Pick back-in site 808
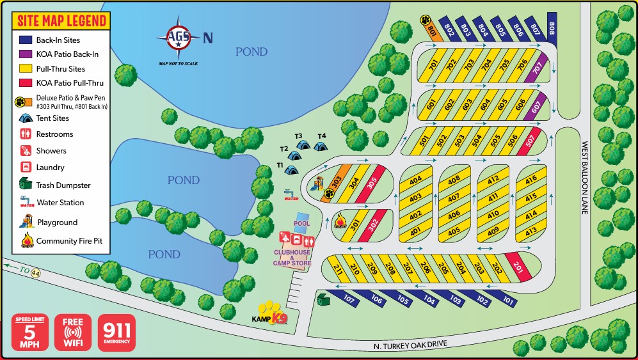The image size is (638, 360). pyautogui.click(x=552, y=27)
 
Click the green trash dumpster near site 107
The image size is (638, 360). pyautogui.click(x=323, y=299)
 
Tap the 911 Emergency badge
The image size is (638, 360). pyautogui.click(x=116, y=333)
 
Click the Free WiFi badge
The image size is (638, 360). pyautogui.click(x=73, y=333)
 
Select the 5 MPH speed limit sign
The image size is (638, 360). pyautogui.click(x=29, y=333)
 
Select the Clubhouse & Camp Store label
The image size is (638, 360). pyautogui.click(x=292, y=258)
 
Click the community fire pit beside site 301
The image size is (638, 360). pyautogui.click(x=340, y=221)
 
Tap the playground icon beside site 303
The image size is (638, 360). pyautogui.click(x=317, y=185)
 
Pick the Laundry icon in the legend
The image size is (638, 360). pyautogui.click(x=24, y=168)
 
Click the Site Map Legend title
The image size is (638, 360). pyautogui.click(x=61, y=21)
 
